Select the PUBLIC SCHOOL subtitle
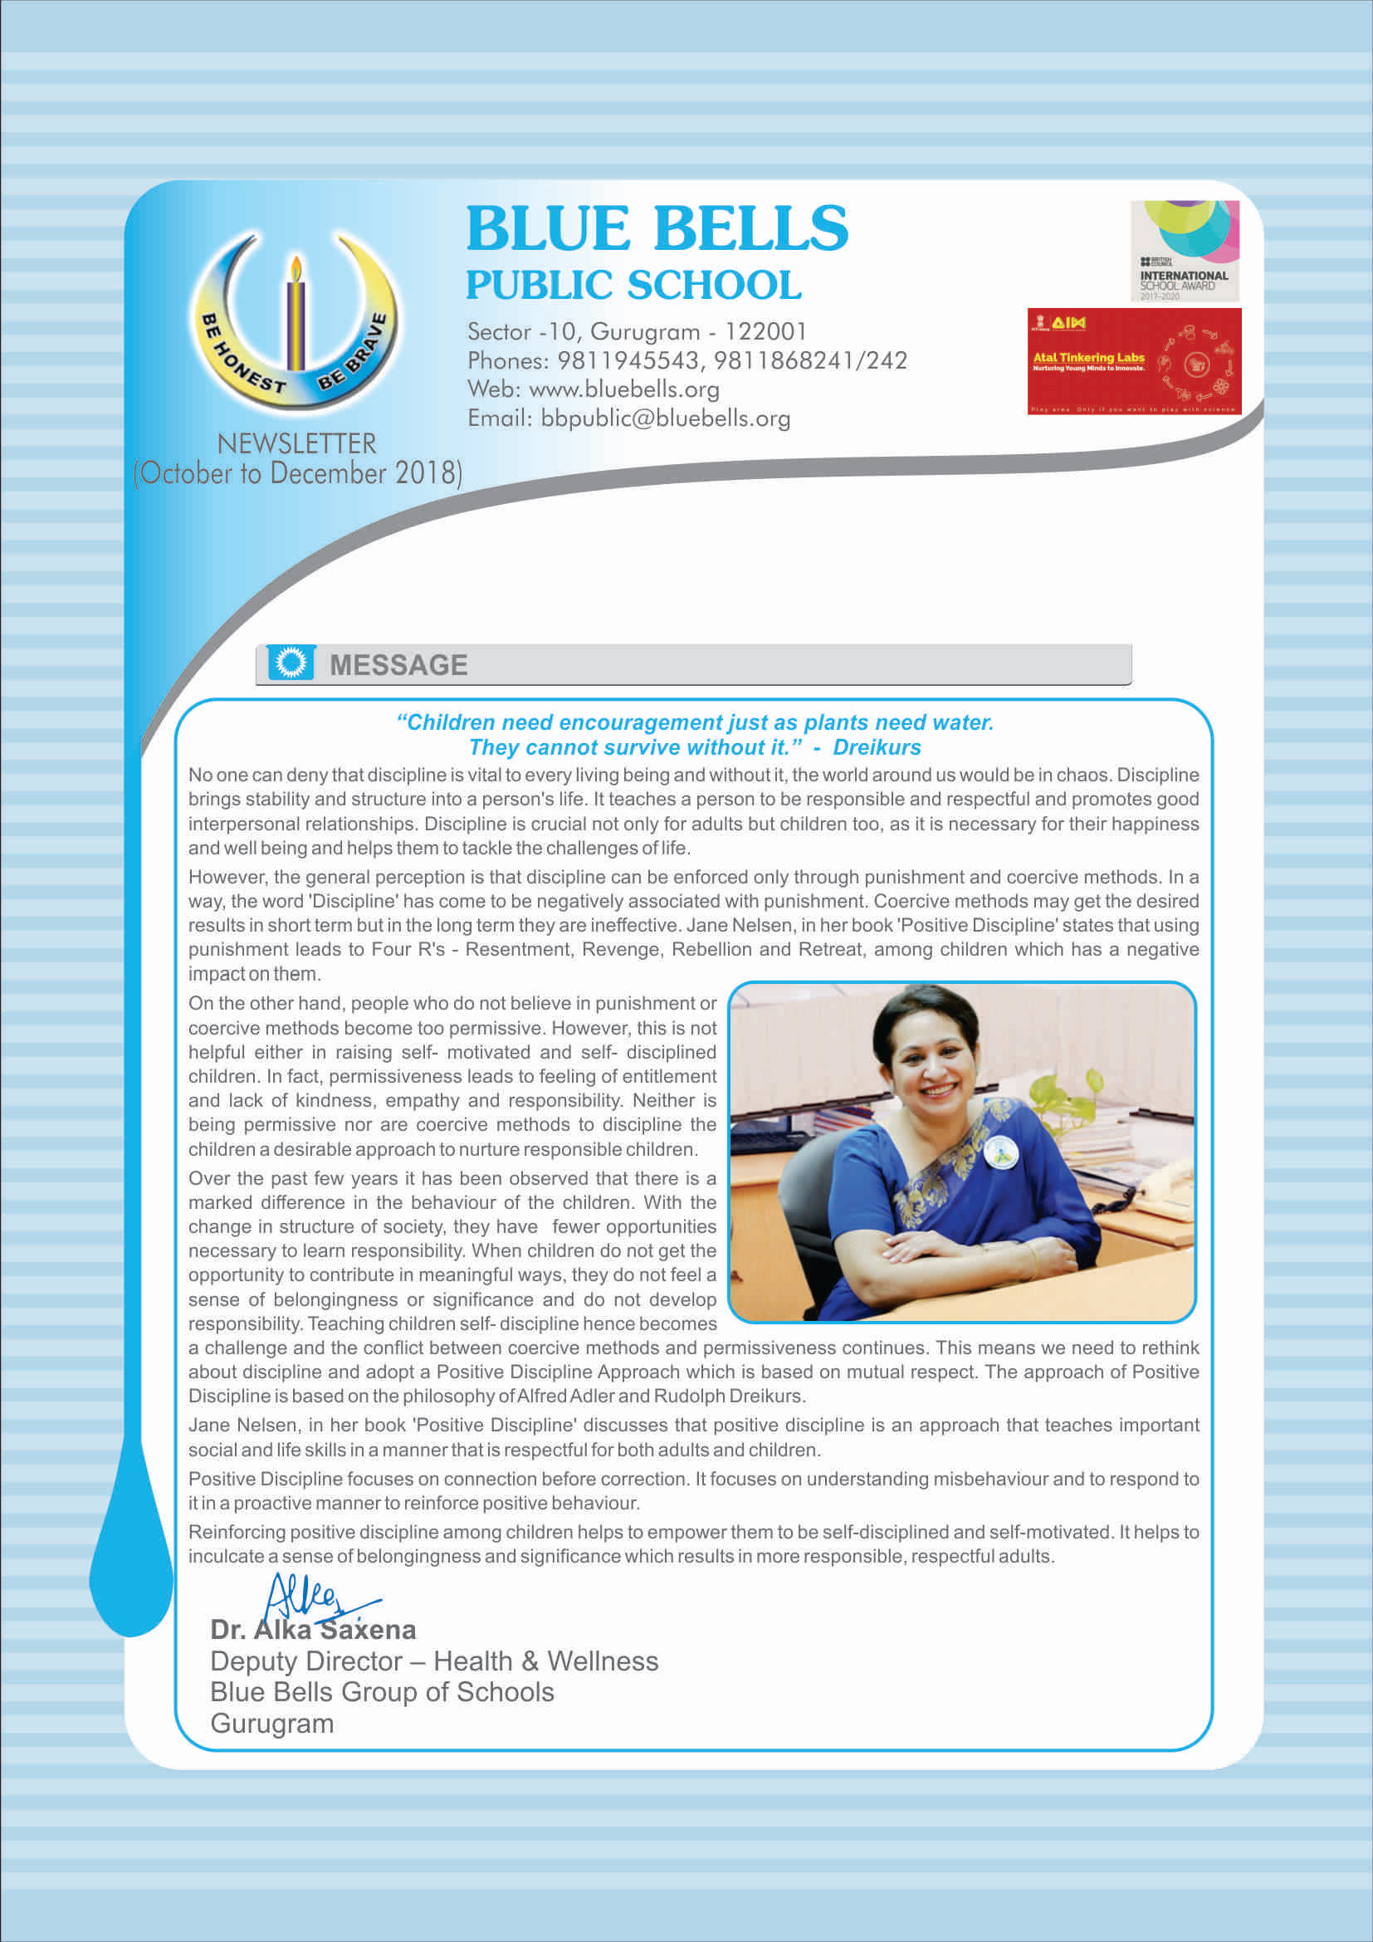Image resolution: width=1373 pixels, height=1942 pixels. (x=633, y=285)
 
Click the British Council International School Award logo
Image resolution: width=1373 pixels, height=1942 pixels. (x=1185, y=251)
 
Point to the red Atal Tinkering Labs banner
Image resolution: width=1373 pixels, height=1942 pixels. (x=1134, y=361)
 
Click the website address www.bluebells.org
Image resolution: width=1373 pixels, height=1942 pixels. (x=624, y=389)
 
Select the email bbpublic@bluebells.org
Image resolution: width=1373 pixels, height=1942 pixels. (x=666, y=418)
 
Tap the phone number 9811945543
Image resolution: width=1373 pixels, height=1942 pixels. (x=628, y=360)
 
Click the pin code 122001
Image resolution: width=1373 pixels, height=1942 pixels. (x=765, y=331)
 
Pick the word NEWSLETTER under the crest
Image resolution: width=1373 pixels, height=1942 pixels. (x=296, y=443)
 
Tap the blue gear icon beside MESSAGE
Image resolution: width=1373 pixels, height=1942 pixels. (x=291, y=663)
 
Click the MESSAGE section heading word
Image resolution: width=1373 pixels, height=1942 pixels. (x=398, y=665)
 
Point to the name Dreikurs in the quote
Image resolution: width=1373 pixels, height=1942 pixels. (x=877, y=747)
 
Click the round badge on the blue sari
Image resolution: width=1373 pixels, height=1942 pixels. (x=1001, y=1152)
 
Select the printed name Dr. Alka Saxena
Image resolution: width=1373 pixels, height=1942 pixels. (x=313, y=1629)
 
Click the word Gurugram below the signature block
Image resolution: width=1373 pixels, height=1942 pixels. (x=272, y=1723)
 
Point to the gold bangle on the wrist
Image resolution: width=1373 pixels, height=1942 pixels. (x=1033, y=1259)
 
